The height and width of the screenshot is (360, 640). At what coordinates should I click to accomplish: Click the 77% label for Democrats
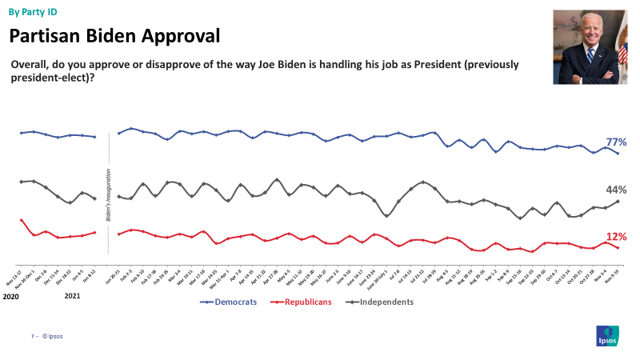pos(615,142)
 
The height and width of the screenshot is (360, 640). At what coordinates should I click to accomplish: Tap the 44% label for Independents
pos(615,190)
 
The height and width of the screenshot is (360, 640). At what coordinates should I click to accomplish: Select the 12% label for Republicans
pos(615,237)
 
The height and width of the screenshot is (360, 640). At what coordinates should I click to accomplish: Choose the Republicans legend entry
pos(302,302)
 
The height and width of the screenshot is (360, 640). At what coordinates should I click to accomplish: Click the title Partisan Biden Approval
pos(114,36)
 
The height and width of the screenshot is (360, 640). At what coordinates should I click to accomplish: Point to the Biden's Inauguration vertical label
pos(107,194)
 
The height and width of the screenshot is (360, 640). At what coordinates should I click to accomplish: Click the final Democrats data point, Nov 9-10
pos(618,153)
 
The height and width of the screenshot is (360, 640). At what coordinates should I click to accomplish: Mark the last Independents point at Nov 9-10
pos(618,202)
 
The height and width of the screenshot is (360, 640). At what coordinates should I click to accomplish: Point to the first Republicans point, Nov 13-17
pos(21,219)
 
